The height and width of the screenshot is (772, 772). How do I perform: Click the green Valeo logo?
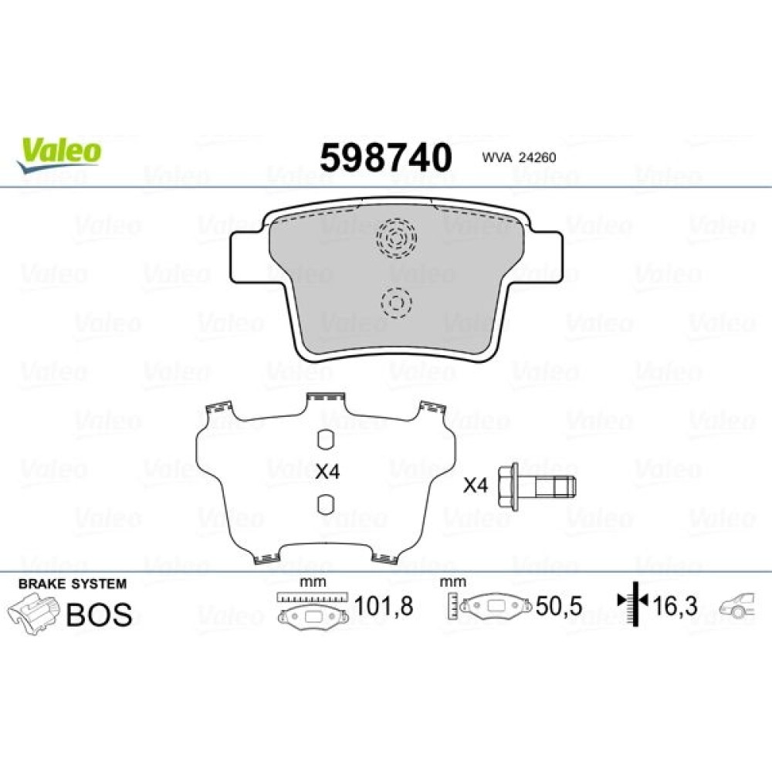(59, 154)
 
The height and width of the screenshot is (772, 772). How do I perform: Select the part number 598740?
(385, 157)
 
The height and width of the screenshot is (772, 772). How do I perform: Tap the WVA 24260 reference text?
(519, 157)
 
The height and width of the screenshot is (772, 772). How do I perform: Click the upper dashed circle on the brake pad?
(396, 239)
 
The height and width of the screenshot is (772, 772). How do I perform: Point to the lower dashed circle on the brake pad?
(396, 303)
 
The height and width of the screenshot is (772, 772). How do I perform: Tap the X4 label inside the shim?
(327, 472)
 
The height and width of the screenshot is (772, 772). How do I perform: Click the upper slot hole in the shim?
(326, 440)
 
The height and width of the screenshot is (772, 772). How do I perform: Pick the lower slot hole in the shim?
(326, 504)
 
